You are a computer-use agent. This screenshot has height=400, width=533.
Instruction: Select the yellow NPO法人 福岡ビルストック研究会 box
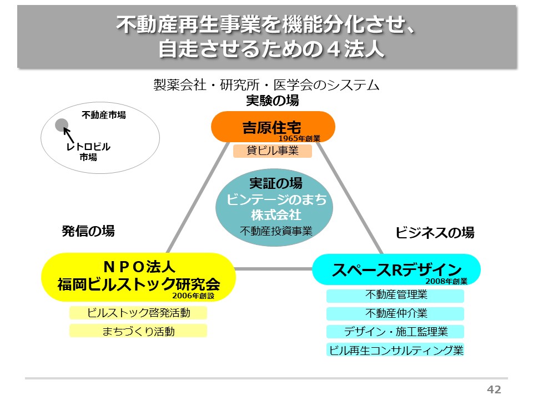(139, 277)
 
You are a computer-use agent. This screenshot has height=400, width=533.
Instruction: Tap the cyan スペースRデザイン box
(396, 269)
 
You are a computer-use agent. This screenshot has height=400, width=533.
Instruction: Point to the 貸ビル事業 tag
(273, 151)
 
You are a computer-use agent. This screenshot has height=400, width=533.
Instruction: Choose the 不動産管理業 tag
(395, 296)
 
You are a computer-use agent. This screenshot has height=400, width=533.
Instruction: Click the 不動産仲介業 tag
(395, 314)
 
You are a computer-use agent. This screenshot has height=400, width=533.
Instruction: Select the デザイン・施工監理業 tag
(395, 332)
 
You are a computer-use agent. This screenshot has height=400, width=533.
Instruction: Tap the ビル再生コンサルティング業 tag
(395, 350)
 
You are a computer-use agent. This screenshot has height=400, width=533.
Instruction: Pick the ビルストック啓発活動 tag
(138, 313)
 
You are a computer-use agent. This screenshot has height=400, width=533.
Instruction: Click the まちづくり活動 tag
(138, 331)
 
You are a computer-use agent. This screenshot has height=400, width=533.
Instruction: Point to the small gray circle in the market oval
(62, 125)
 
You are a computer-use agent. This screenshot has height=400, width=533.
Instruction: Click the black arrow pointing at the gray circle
(70, 135)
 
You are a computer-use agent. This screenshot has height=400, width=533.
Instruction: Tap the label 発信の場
(88, 231)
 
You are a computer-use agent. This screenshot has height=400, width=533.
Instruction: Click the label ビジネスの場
(435, 233)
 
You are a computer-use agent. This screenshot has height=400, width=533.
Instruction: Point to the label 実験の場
(273, 101)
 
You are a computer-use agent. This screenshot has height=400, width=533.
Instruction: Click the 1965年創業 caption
(299, 138)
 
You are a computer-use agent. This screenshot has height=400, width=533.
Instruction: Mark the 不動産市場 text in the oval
(104, 115)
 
